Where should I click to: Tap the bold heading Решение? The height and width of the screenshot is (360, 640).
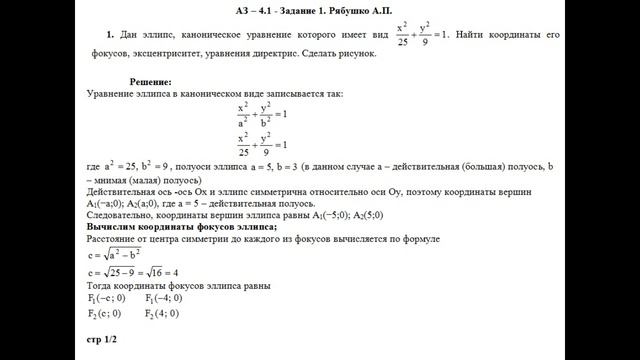pyautogui.click(x=151, y=80)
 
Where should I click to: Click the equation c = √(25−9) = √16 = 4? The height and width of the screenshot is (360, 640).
pyautogui.click(x=133, y=273)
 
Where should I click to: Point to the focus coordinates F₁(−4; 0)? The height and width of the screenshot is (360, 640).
pyautogui.click(x=162, y=299)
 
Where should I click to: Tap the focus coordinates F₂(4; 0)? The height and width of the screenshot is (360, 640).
pyautogui.click(x=162, y=314)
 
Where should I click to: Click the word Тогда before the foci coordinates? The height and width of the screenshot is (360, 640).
pyautogui.click(x=102, y=286)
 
